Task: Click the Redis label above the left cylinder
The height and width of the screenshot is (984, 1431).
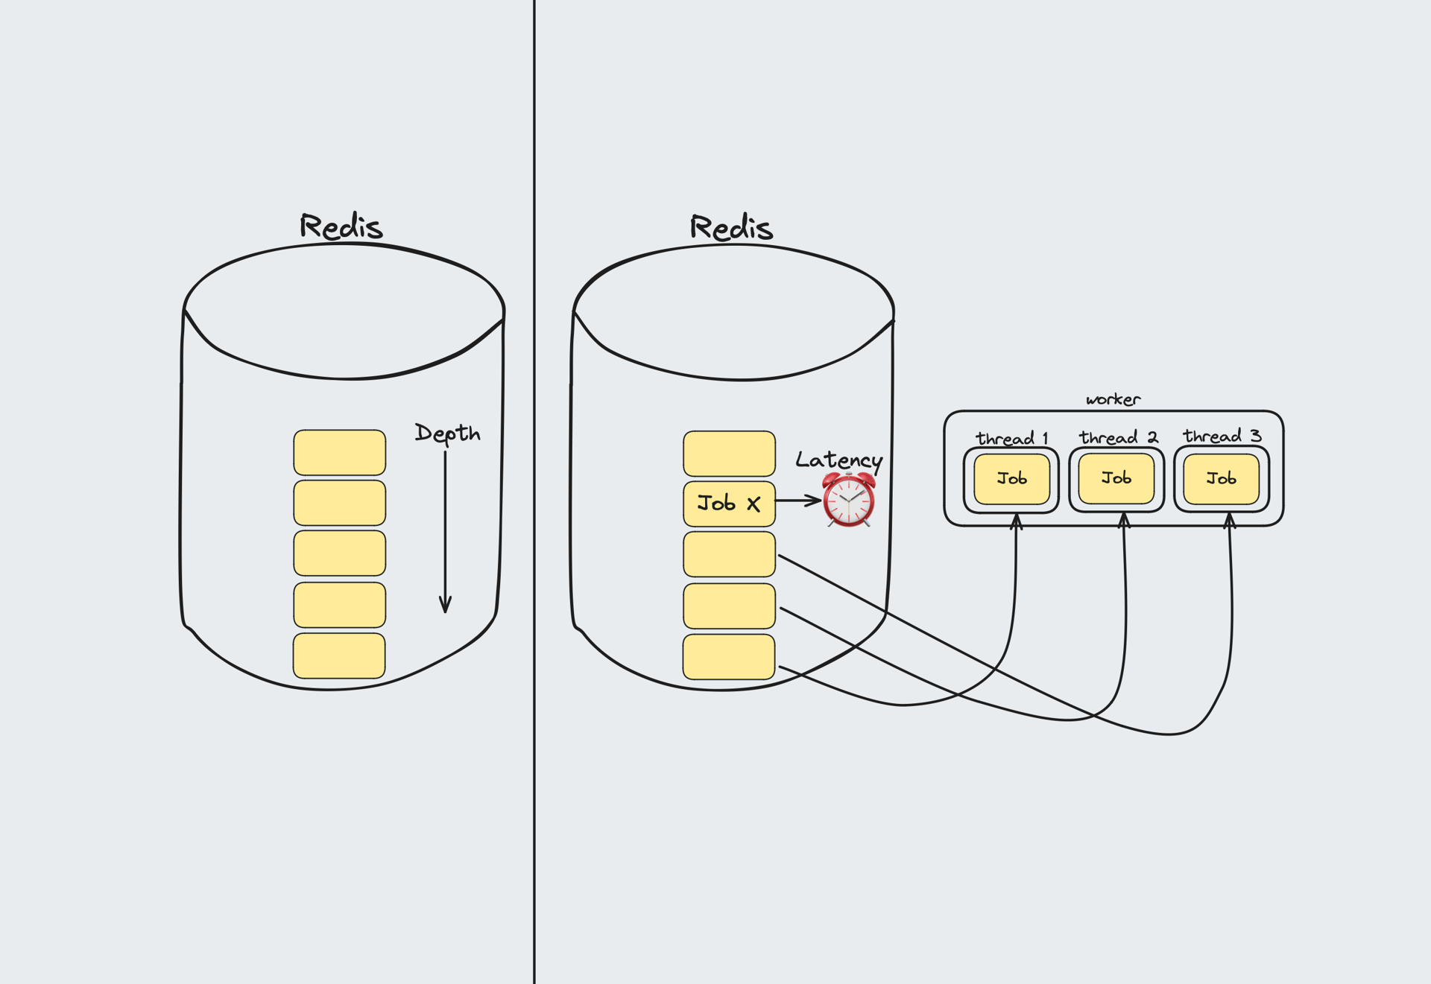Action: pos(341,226)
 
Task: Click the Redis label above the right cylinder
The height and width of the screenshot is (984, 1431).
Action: pos(731,227)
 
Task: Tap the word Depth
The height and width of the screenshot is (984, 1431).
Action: pos(447,433)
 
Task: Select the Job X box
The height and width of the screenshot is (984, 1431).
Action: pos(729,504)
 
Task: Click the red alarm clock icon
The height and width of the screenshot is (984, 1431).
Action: pos(849,500)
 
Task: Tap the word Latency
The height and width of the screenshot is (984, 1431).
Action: pos(838,460)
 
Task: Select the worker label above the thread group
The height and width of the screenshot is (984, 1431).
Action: pos(1113,399)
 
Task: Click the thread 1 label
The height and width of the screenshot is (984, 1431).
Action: pos(1011,438)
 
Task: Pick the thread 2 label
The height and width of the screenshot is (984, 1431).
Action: pos(1118,437)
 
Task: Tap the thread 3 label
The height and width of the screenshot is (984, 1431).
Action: pos(1222,436)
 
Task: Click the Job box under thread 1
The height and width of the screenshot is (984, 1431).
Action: pos(1011,479)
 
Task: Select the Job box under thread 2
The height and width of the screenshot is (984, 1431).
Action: pos(1116,478)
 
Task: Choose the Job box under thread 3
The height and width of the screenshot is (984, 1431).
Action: pos(1221,479)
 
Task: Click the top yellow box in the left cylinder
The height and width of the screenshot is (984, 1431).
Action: pos(339,452)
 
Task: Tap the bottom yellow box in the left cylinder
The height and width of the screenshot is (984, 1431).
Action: pos(339,656)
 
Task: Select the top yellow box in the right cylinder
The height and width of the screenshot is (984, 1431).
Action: pos(729,453)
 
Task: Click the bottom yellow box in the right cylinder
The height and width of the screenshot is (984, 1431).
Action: pos(729,656)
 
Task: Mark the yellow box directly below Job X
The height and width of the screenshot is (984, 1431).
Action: pos(729,554)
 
